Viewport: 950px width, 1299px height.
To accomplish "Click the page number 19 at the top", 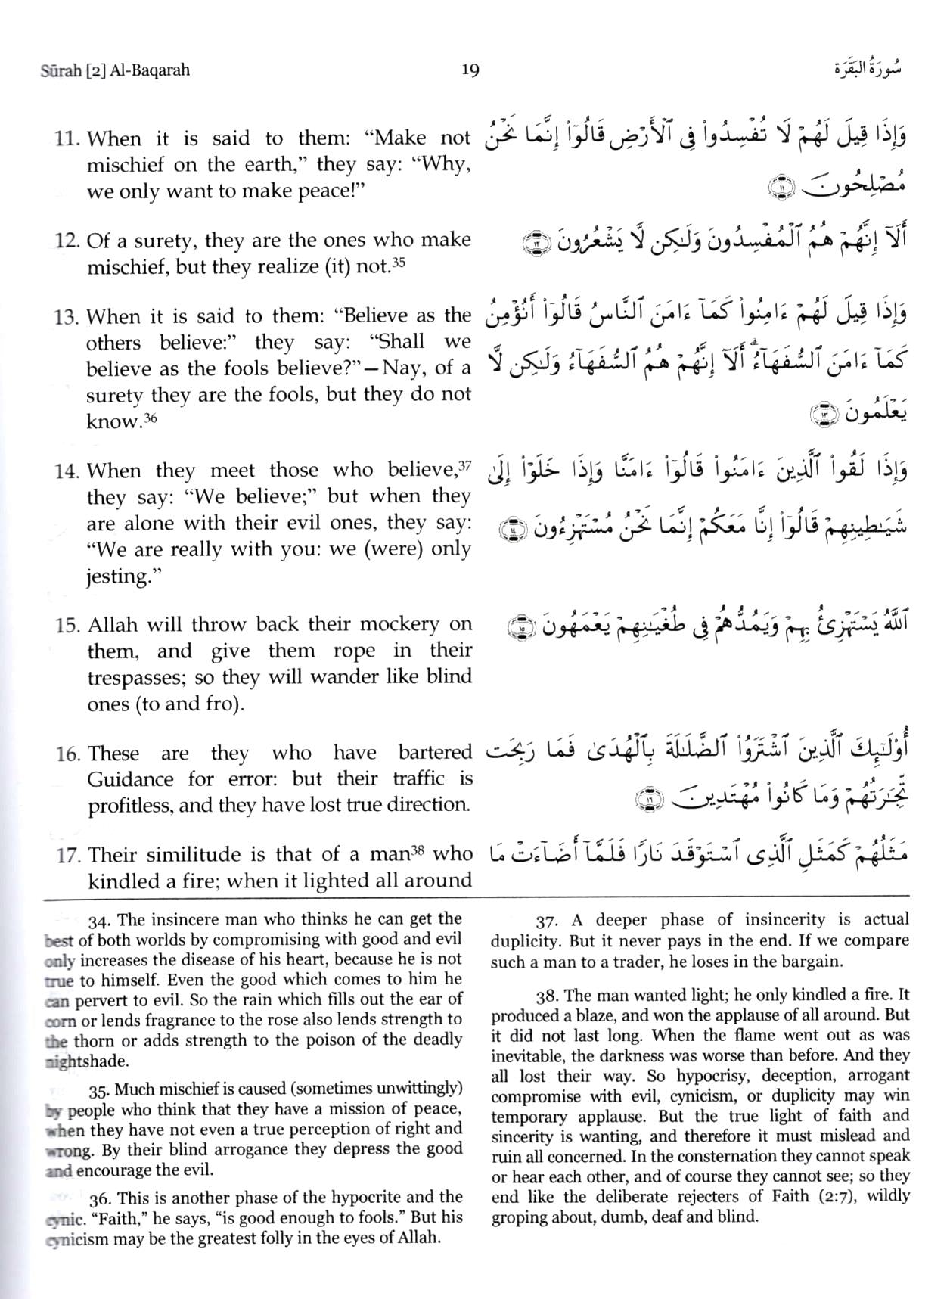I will (470, 70).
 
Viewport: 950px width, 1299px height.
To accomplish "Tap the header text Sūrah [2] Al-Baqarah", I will (114, 70).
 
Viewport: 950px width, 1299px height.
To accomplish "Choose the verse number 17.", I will (68, 856).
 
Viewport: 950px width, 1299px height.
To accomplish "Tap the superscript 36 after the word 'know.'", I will (151, 417).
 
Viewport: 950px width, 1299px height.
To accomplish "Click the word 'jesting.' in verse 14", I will (117, 576).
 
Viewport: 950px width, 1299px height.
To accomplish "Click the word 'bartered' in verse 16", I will (434, 754).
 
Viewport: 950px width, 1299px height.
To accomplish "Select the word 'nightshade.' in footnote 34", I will (86, 1061).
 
